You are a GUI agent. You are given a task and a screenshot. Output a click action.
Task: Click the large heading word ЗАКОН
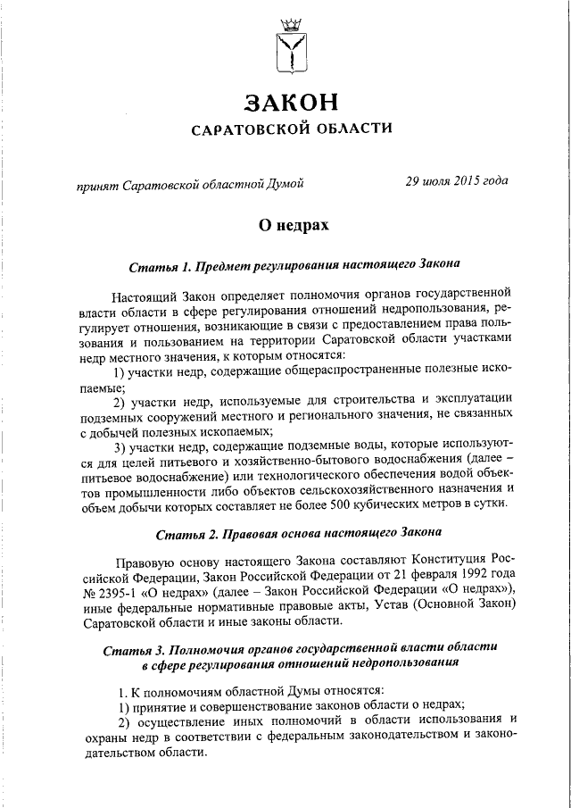pyautogui.click(x=293, y=99)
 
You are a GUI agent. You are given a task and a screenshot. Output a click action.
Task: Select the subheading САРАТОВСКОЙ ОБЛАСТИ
pyautogui.click(x=293, y=129)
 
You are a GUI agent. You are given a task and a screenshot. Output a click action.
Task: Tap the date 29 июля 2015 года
pyautogui.click(x=456, y=180)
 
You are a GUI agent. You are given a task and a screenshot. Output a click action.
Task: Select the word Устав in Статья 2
pyautogui.click(x=372, y=607)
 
